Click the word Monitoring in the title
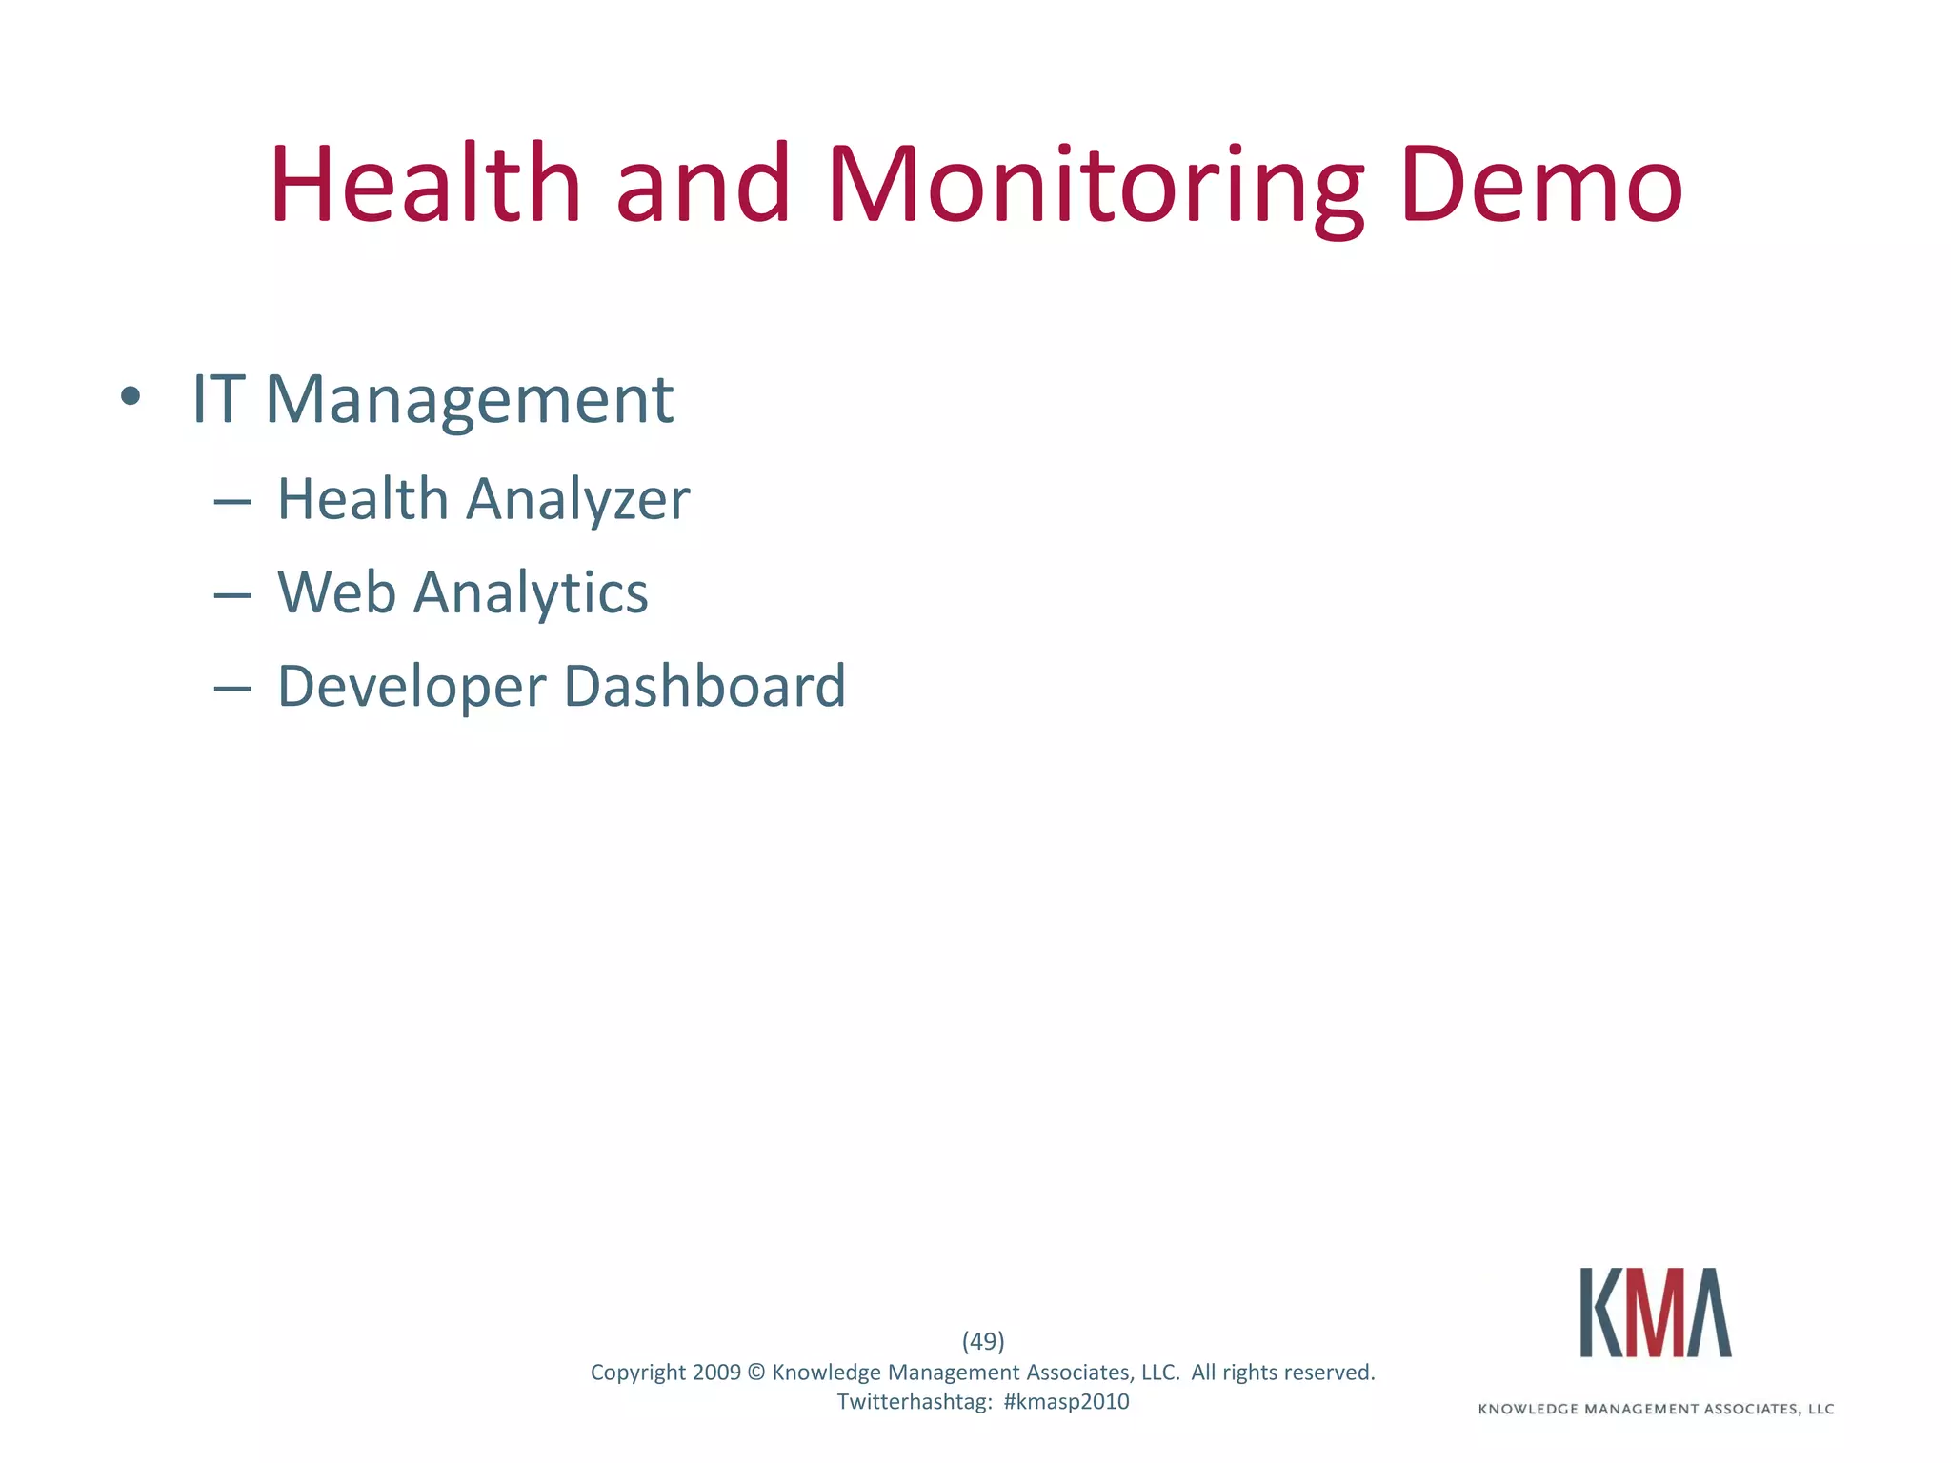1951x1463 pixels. [x=1096, y=187]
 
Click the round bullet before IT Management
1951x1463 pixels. [x=131, y=397]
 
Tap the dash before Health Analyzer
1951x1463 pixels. [x=232, y=500]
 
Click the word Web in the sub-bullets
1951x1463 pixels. [x=336, y=592]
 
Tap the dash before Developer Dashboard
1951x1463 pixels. [x=232, y=687]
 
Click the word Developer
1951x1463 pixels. [x=412, y=688]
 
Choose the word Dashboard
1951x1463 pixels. [x=705, y=686]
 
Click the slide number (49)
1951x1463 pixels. [x=983, y=1341]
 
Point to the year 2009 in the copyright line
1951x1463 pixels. [x=716, y=1373]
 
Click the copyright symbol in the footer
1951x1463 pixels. [x=756, y=1373]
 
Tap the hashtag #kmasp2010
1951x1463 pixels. [x=1066, y=1402]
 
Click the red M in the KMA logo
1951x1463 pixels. [x=1655, y=1312]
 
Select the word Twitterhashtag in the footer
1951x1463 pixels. [x=914, y=1402]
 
